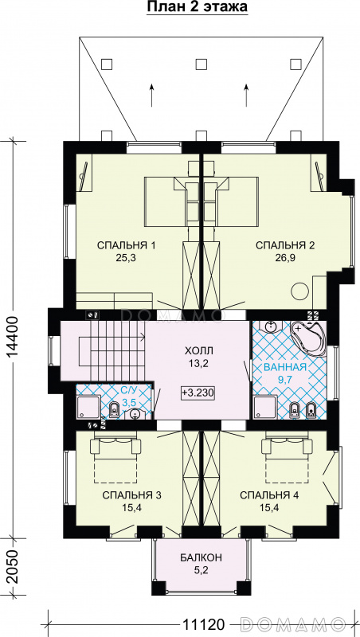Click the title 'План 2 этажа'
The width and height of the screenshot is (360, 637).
pyautogui.click(x=197, y=7)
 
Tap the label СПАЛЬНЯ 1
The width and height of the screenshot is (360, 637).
pyautogui.click(x=127, y=245)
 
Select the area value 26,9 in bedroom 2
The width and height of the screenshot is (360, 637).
pyautogui.click(x=285, y=258)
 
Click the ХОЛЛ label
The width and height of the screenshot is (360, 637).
pyautogui.click(x=198, y=350)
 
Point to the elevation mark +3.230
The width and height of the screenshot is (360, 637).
pyautogui.click(x=198, y=393)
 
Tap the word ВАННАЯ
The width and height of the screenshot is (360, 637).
pyautogui.click(x=284, y=368)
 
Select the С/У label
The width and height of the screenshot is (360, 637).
pyautogui.click(x=130, y=392)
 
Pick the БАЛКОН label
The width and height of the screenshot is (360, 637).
pyautogui.click(x=202, y=557)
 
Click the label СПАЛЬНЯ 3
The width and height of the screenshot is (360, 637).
pyautogui.click(x=132, y=495)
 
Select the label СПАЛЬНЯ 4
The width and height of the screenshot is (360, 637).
pyautogui.click(x=269, y=495)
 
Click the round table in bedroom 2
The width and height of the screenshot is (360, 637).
pyautogui.click(x=301, y=291)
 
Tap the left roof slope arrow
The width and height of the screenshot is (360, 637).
pyautogui.click(x=151, y=95)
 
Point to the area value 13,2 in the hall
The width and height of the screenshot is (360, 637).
pyautogui.click(x=198, y=364)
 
